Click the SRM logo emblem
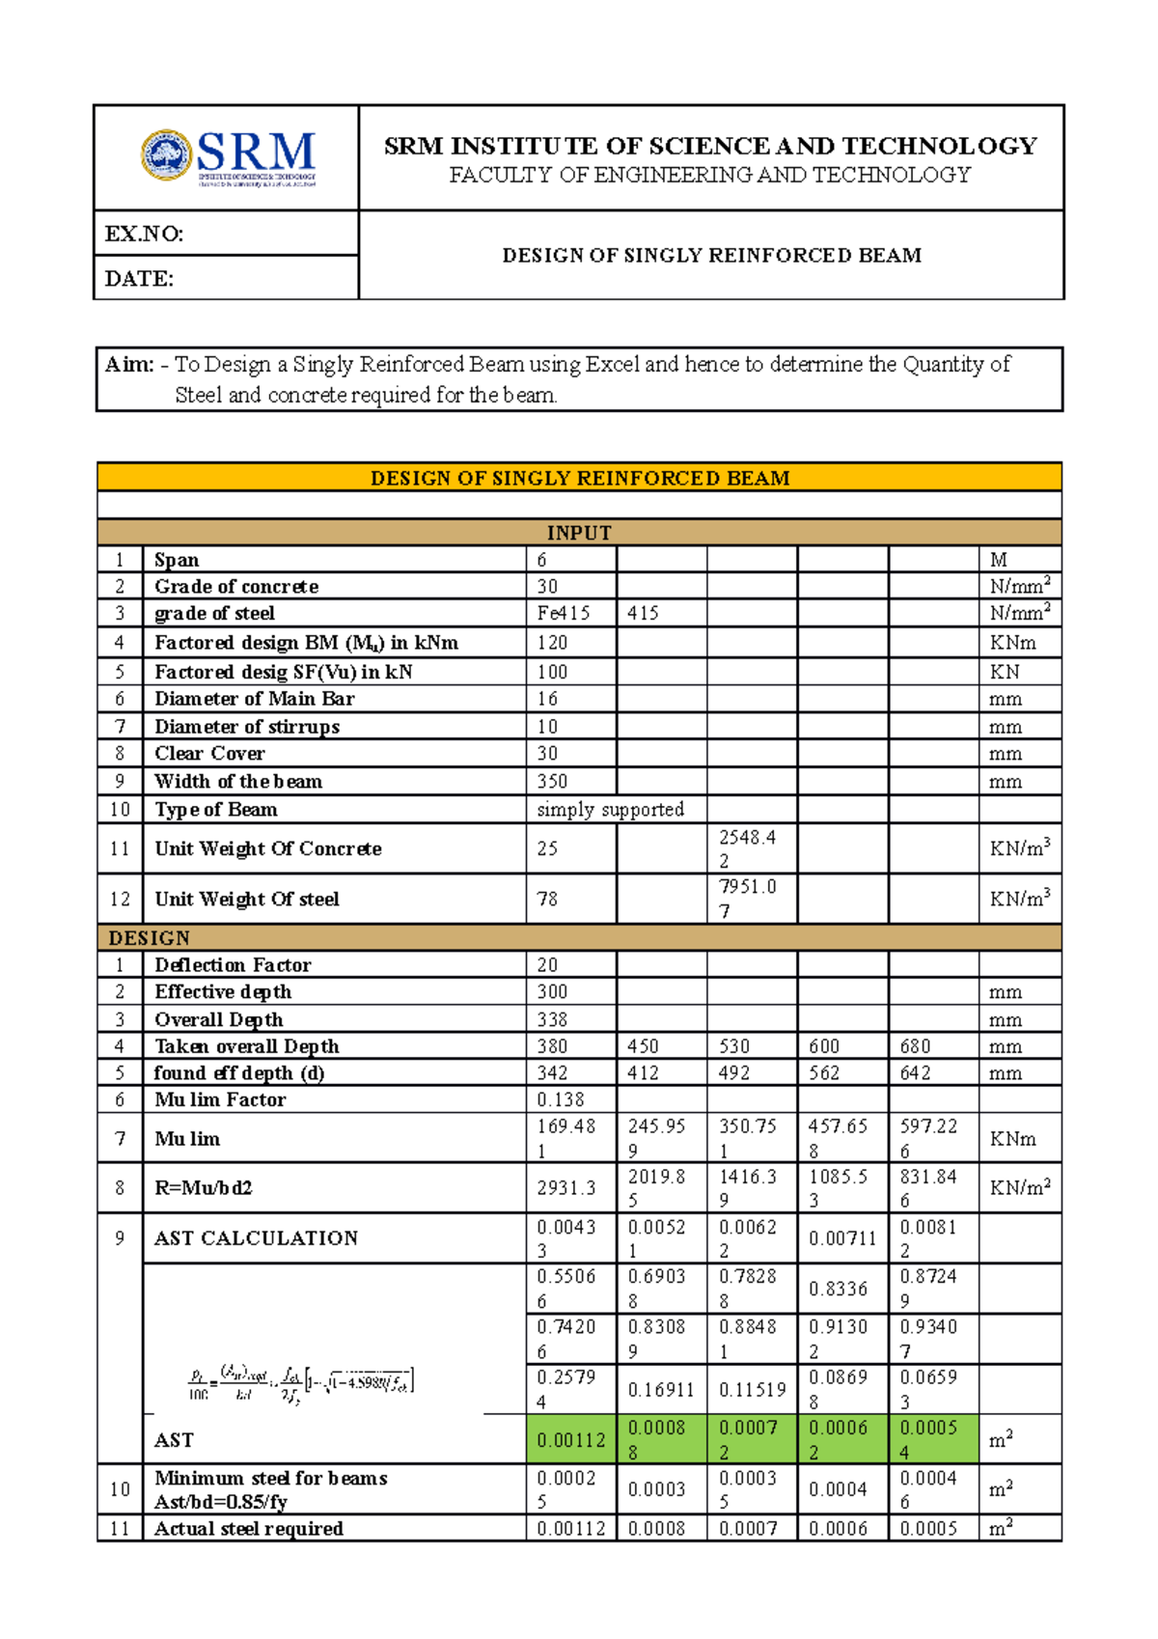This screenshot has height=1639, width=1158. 167,155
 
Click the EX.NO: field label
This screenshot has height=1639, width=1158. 144,234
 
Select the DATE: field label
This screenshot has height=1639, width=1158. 139,279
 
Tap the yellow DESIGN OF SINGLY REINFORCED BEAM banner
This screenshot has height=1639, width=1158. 579,478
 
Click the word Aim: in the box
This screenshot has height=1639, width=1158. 129,365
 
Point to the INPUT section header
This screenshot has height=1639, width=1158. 579,533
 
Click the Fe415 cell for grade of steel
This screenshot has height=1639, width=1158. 564,613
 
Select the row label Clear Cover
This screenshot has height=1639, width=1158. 209,753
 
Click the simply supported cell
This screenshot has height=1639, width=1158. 610,809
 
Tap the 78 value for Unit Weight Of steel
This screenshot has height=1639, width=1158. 547,899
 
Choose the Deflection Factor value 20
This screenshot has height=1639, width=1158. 547,964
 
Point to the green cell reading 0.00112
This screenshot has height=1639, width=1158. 571,1440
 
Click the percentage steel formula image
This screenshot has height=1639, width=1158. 301,1383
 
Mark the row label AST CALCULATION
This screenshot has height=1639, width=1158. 256,1238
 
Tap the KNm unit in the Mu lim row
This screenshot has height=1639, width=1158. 1012,1139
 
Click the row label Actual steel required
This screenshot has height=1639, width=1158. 249,1528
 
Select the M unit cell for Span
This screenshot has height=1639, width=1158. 998,560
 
